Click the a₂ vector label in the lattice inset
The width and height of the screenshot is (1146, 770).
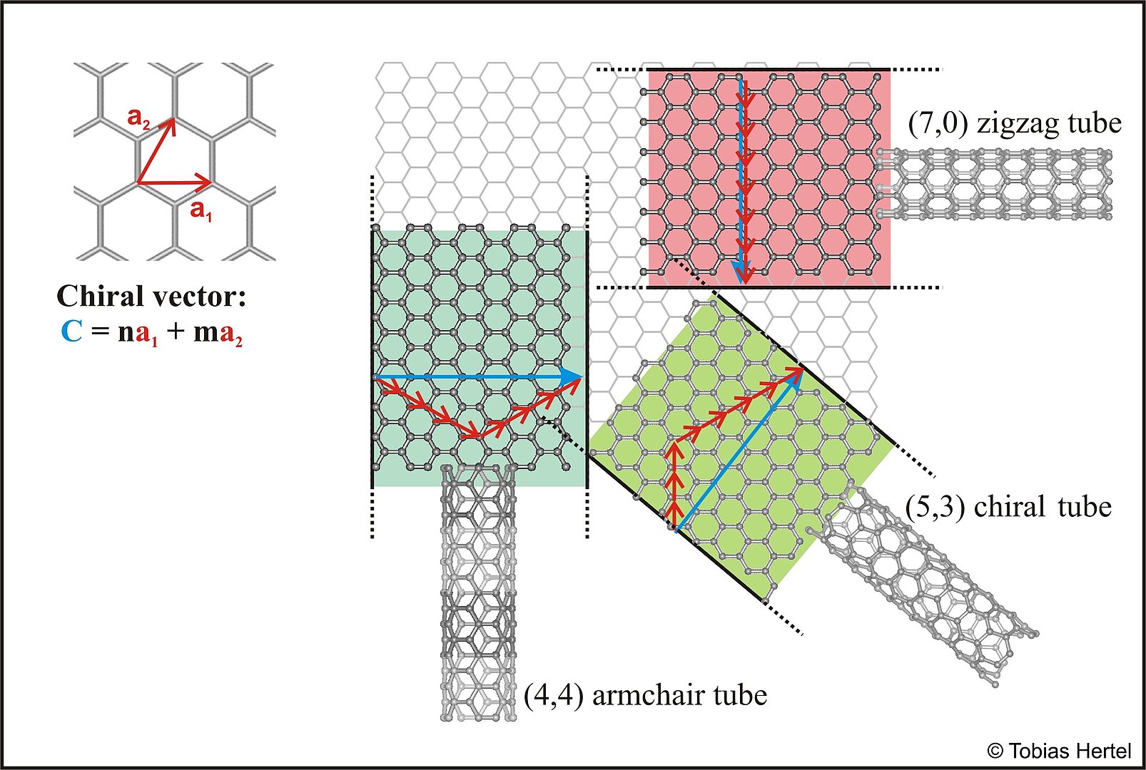click(x=138, y=118)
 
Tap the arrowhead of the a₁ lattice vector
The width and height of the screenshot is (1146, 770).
click(x=206, y=180)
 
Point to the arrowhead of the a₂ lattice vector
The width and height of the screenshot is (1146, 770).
click(x=170, y=125)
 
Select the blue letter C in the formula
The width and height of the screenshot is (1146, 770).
click(x=71, y=332)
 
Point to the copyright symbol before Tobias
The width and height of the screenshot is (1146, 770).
click(x=995, y=751)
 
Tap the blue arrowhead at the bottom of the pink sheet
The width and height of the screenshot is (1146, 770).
click(x=743, y=274)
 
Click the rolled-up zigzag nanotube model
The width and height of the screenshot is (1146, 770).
click(x=996, y=183)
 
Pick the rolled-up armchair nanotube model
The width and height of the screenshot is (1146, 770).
click(x=477, y=592)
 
